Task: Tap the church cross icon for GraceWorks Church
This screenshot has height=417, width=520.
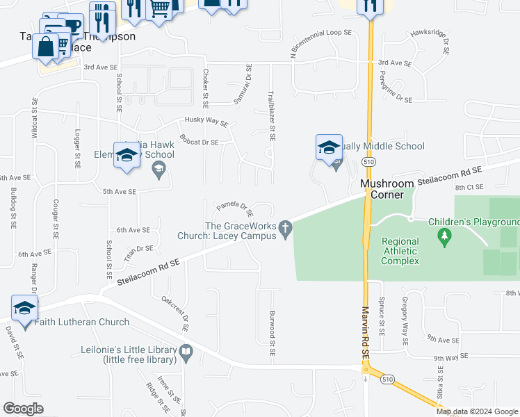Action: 284,227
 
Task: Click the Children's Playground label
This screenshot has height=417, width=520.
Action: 473,222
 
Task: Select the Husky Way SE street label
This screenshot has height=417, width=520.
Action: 206,122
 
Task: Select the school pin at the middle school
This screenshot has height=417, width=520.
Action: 329,148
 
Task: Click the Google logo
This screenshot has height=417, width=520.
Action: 24,408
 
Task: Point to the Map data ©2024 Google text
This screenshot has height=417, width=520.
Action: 478,411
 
